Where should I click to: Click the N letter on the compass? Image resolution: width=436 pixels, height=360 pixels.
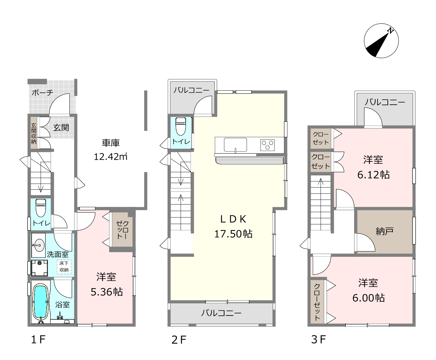coord(390,31)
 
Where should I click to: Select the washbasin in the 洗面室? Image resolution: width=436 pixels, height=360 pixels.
coord(39,245)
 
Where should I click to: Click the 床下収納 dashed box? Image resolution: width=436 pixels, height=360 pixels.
coord(64,267)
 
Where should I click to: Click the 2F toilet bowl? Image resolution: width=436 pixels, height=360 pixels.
coord(180,126)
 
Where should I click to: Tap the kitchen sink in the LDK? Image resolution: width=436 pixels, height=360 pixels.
coord(235,145)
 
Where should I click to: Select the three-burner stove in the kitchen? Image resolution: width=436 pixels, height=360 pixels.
coord(267,145)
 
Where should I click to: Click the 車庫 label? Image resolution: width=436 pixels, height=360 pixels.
coord(111,143)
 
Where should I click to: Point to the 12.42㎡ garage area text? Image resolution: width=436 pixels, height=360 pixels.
coord(110,157)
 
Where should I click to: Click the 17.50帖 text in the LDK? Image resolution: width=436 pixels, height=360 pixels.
coord(233,234)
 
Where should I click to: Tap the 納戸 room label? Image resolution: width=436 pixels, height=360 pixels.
coord(384,231)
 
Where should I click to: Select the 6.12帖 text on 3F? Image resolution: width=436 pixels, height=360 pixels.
coord(373,175)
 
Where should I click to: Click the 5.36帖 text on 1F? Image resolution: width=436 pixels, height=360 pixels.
coord(106,292)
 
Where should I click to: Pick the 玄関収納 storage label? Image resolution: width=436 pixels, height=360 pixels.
coord(33,133)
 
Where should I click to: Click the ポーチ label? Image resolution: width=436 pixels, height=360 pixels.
coord(43,92)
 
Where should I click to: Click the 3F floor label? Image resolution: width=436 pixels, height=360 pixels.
coord(318,340)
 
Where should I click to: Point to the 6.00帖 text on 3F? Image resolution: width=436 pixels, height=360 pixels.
coord(368,298)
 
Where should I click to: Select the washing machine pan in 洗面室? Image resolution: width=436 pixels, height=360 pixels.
coord(39,268)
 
